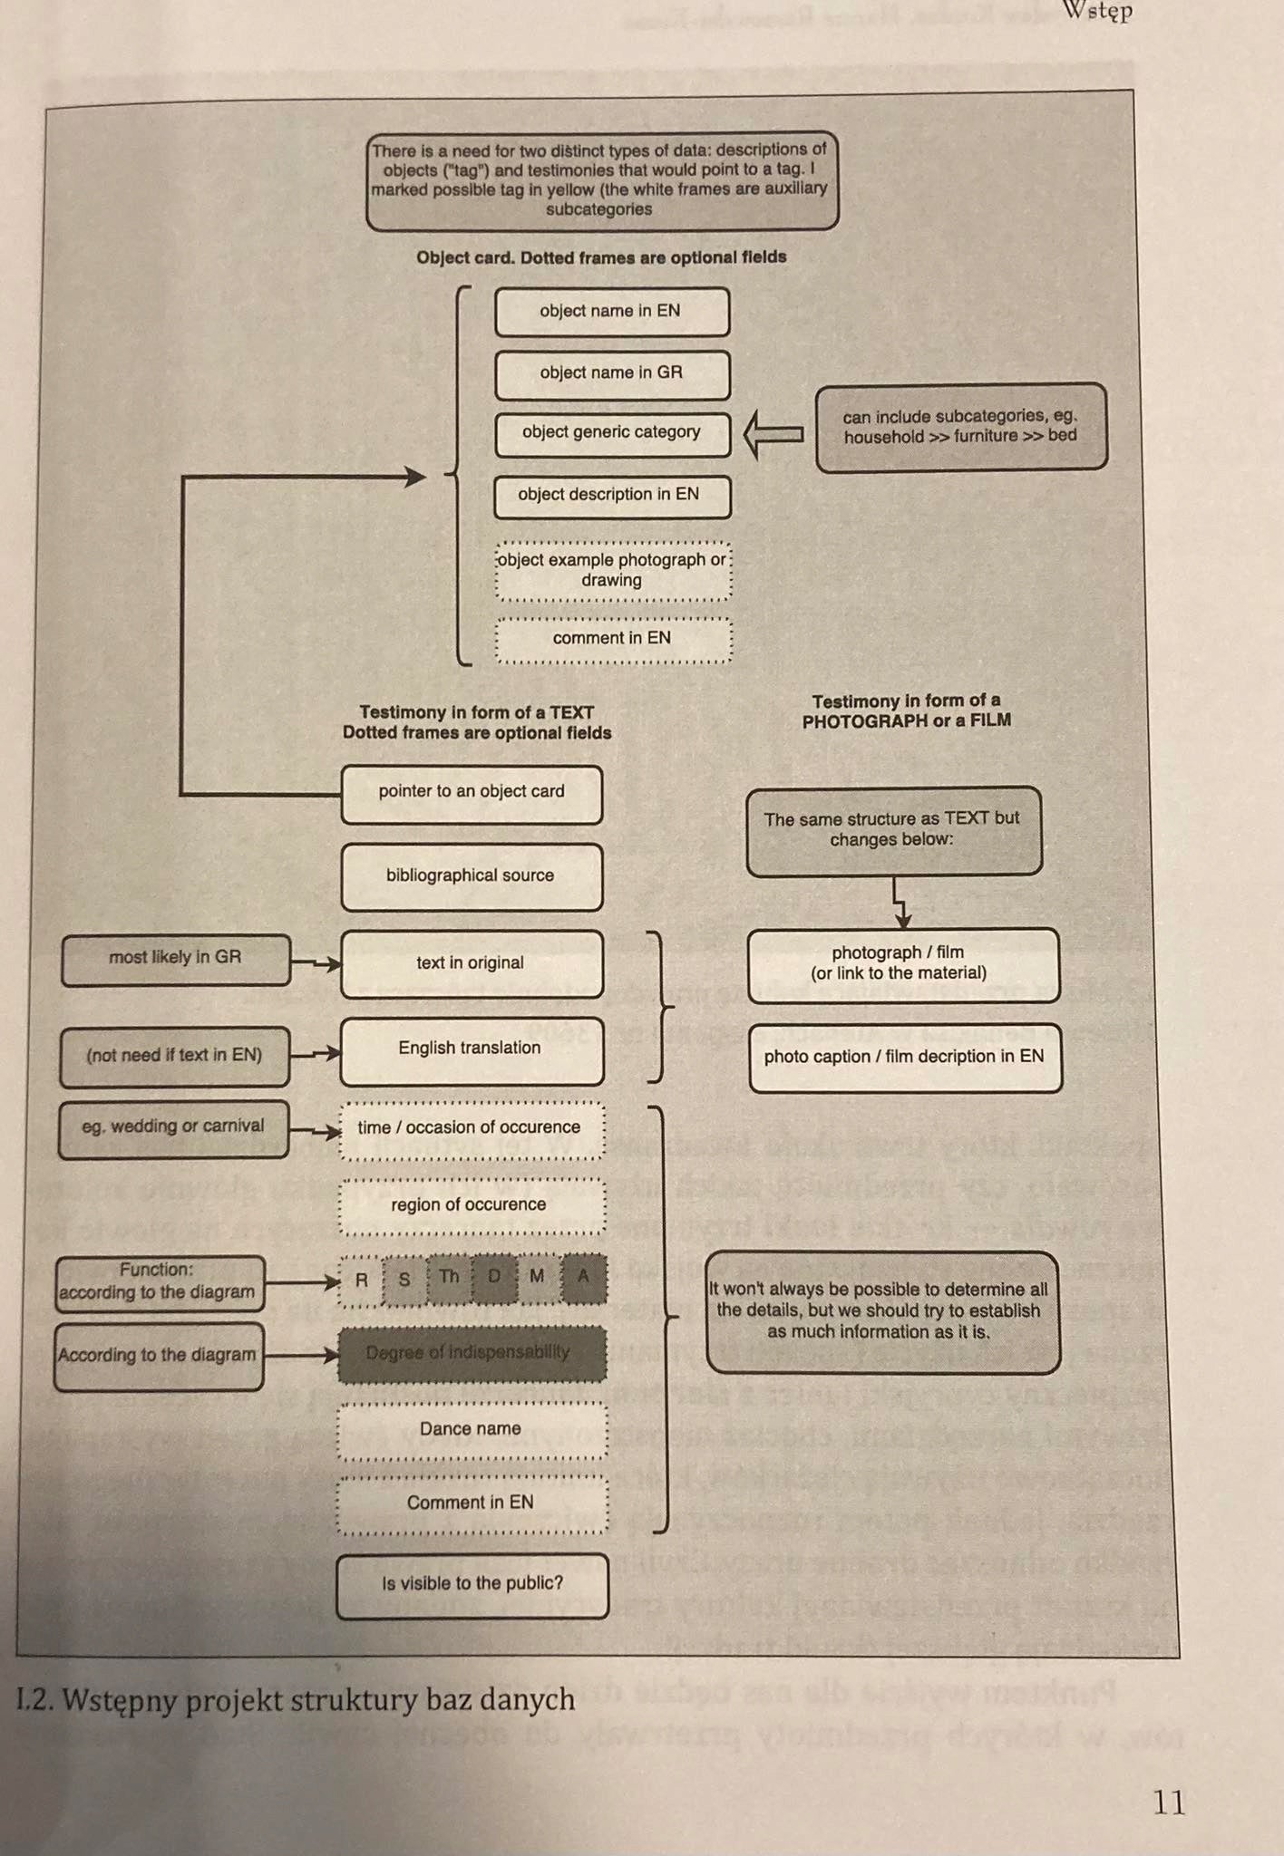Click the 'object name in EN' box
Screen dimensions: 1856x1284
click(612, 311)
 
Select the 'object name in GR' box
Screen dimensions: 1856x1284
click(612, 373)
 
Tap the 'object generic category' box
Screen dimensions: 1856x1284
click(612, 433)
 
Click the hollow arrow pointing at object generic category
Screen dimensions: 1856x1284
click(773, 434)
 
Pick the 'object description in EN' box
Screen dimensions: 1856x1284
click(612, 496)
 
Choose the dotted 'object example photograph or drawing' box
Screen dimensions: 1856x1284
click(613, 571)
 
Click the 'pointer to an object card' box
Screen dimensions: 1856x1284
click(472, 793)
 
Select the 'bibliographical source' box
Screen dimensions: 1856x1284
click(472, 876)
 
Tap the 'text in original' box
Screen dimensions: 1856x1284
click(472, 963)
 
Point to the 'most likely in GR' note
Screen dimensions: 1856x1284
click(176, 959)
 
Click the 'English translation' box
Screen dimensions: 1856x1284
click(472, 1049)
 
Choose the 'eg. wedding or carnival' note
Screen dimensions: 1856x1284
click(173, 1127)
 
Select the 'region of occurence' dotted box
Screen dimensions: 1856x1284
click(472, 1205)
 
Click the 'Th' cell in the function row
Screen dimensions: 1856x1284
click(450, 1278)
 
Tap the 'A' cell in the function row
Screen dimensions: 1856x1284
click(583, 1278)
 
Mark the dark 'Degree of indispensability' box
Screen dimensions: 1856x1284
click(472, 1354)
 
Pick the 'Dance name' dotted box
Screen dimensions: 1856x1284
click(472, 1429)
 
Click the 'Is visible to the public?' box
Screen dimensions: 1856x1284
click(472, 1584)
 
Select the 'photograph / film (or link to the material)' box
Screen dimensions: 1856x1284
click(903, 964)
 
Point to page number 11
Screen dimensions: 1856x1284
click(1169, 1803)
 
